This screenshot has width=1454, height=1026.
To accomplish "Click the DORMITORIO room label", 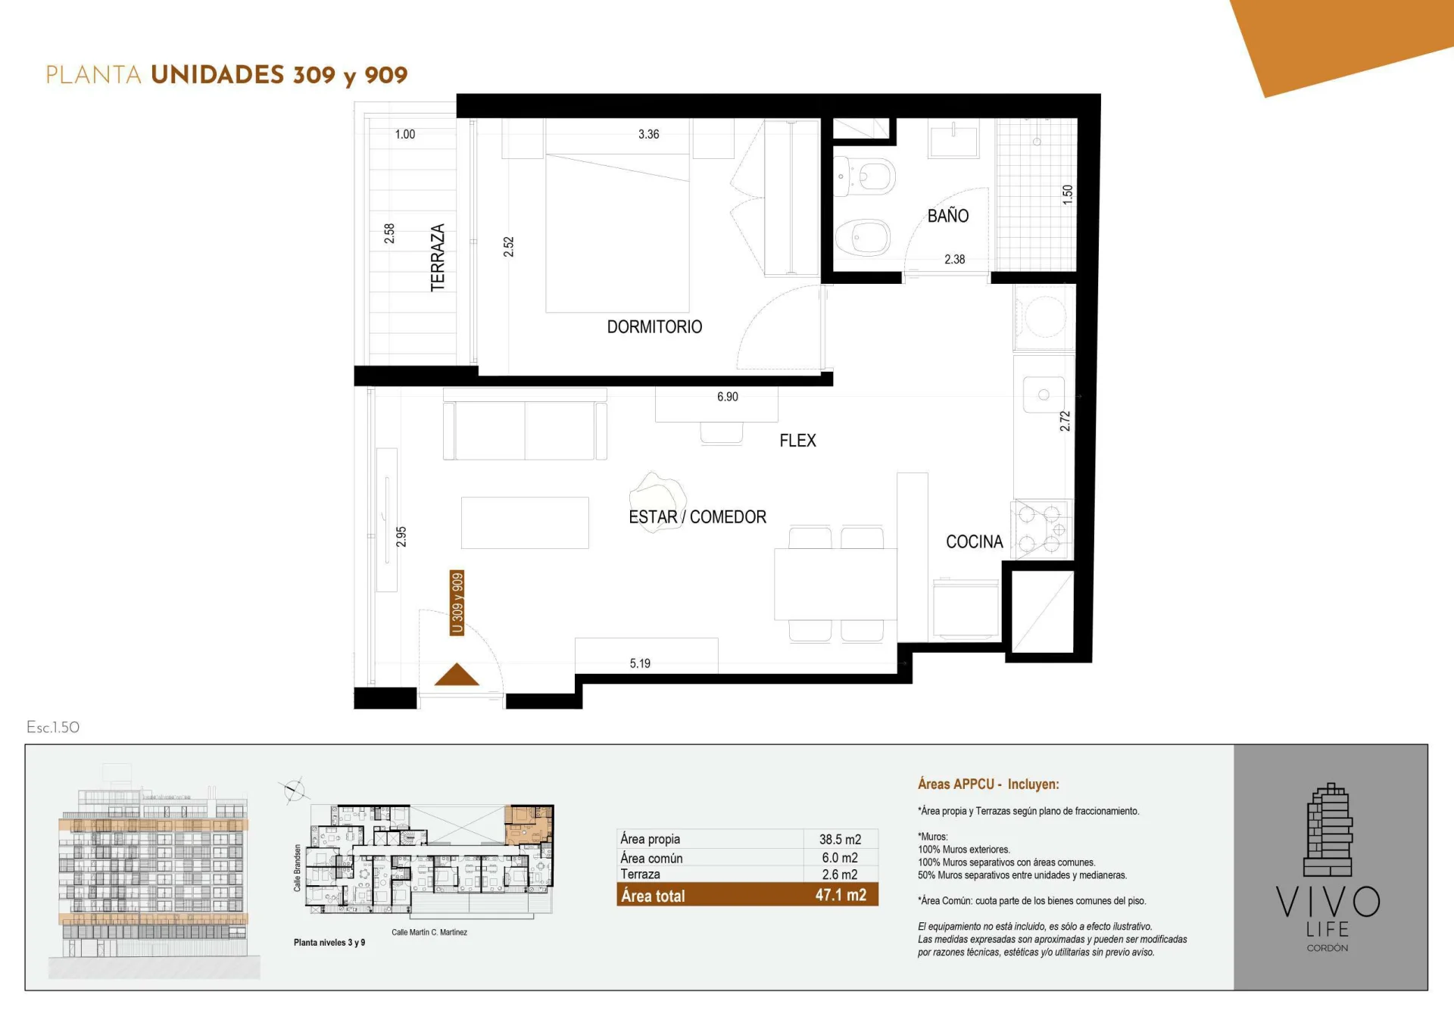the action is click(x=654, y=326).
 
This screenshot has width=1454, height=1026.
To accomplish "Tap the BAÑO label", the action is click(x=948, y=216).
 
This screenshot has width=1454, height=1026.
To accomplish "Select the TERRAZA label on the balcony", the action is click(x=438, y=257).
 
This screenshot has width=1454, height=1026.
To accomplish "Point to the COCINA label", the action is click(x=974, y=541).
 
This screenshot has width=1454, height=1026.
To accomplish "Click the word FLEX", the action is click(x=797, y=441).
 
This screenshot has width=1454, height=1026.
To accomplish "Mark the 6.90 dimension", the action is click(x=727, y=397).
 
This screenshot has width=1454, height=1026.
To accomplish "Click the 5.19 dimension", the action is click(x=640, y=663).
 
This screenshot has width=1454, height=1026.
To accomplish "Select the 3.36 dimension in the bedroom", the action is click(x=648, y=134).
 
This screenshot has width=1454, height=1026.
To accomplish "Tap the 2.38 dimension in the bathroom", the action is click(x=954, y=259).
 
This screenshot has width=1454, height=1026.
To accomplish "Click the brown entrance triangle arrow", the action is click(x=457, y=675).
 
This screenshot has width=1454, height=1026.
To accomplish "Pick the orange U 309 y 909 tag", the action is click(x=457, y=603).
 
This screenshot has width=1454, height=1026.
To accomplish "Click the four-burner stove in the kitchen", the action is click(x=1043, y=529).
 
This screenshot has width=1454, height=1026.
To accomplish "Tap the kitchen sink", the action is click(x=1044, y=395).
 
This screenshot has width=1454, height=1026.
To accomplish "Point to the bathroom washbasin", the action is click(x=953, y=140).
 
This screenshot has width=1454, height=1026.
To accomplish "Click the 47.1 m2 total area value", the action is click(x=841, y=895).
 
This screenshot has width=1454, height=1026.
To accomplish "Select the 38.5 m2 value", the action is click(x=840, y=839).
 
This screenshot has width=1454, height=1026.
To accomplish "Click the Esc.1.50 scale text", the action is click(x=53, y=727).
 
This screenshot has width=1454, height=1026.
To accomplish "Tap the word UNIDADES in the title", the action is click(x=217, y=75).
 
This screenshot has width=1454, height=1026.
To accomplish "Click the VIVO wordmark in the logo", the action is click(x=1328, y=902).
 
